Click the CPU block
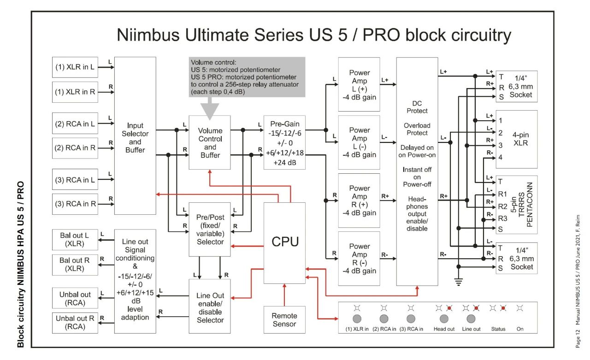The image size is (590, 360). pyautogui.click(x=284, y=243)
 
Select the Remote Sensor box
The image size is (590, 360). pyautogui.click(x=284, y=320)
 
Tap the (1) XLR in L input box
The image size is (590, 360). pyautogui.click(x=75, y=67)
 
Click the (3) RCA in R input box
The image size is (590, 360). pyautogui.click(x=75, y=204)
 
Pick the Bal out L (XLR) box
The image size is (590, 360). pyautogui.click(x=75, y=240)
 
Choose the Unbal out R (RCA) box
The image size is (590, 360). pyautogui.click(x=75, y=323)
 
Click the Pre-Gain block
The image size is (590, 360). pyautogui.click(x=284, y=142)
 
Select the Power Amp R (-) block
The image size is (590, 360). pyautogui.click(x=359, y=259)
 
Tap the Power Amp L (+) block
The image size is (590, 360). pyautogui.click(x=359, y=84)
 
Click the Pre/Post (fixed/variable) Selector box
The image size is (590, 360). pyautogui.click(x=210, y=230)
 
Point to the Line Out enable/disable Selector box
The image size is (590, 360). pyautogui.click(x=210, y=306)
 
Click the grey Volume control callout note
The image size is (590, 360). pyautogui.click(x=247, y=77)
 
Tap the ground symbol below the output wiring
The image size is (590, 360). pyautogui.click(x=459, y=282)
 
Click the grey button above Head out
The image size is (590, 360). pyautogui.click(x=444, y=319)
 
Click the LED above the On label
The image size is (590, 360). pyautogui.click(x=519, y=308)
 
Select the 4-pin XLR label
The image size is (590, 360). pyautogui.click(x=520, y=139)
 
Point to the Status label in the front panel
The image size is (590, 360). pyautogui.click(x=498, y=329)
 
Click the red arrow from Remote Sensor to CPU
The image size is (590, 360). pyautogui.click(x=284, y=295)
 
